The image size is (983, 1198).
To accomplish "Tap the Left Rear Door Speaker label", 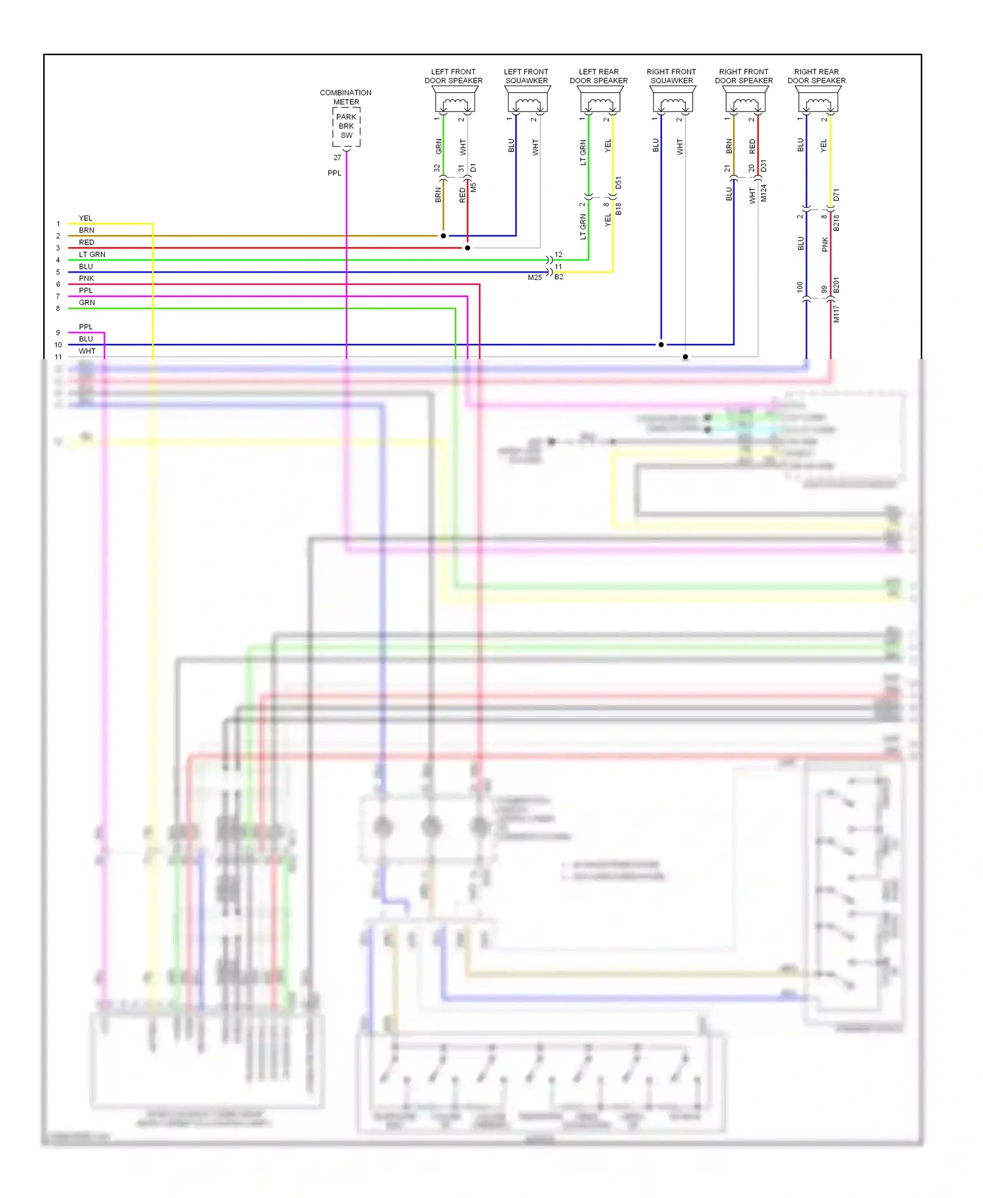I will tap(598, 76).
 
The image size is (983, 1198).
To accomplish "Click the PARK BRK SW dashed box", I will tap(346, 126).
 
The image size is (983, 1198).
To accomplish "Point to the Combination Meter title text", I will tap(345, 97).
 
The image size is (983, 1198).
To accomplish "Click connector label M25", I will tap(535, 277).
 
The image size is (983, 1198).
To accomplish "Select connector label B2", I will tap(559, 277).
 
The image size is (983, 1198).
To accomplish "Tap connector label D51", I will tap(619, 183).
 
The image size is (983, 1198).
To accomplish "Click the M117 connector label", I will tap(836, 313).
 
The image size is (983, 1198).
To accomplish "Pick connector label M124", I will tap(763, 193).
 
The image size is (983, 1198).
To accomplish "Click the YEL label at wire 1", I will tap(85, 218).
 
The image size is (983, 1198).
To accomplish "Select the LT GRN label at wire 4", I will tap(92, 254).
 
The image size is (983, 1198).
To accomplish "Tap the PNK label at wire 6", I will tap(87, 279).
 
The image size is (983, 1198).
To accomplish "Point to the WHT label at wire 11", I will tap(87, 351).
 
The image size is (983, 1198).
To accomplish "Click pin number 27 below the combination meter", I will tap(337, 158).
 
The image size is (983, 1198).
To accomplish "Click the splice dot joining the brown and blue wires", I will tap(444, 236).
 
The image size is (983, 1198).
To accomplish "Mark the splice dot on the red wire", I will tap(467, 248).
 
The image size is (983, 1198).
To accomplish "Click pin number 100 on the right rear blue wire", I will tap(800, 287).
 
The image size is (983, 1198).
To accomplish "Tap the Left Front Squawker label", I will tap(526, 76).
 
